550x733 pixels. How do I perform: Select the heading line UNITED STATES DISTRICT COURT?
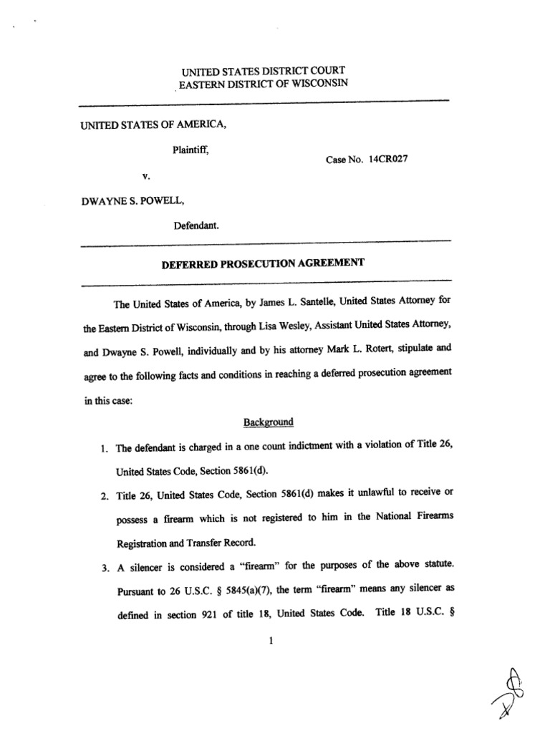click(x=262, y=71)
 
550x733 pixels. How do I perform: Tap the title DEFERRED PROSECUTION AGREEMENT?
click(x=263, y=263)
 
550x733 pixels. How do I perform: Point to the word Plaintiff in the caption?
click(x=190, y=150)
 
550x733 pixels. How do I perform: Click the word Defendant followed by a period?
click(x=196, y=226)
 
